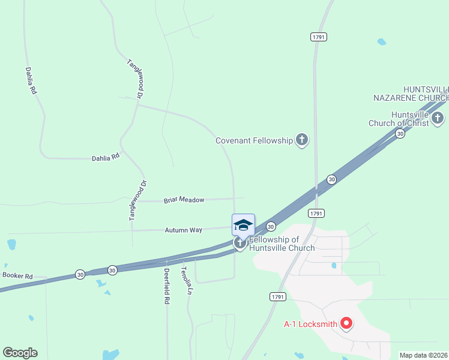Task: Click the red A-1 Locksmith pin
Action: tap(346, 324)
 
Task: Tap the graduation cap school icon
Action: tap(243, 226)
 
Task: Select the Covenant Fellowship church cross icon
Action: tap(301, 140)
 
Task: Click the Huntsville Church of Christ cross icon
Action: tap(438, 118)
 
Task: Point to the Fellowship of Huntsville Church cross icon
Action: tap(240, 243)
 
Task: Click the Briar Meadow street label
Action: tap(184, 200)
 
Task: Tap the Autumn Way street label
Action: tap(184, 230)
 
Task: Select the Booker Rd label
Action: tap(17, 275)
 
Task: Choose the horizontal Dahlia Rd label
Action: tap(106, 157)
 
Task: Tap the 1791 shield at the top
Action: tap(318, 37)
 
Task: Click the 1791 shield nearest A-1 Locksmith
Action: tap(277, 296)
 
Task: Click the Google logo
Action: tap(20, 353)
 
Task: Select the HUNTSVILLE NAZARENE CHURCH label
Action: tap(411, 93)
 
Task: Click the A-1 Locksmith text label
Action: tap(310, 325)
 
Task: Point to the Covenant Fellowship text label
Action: tap(254, 140)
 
